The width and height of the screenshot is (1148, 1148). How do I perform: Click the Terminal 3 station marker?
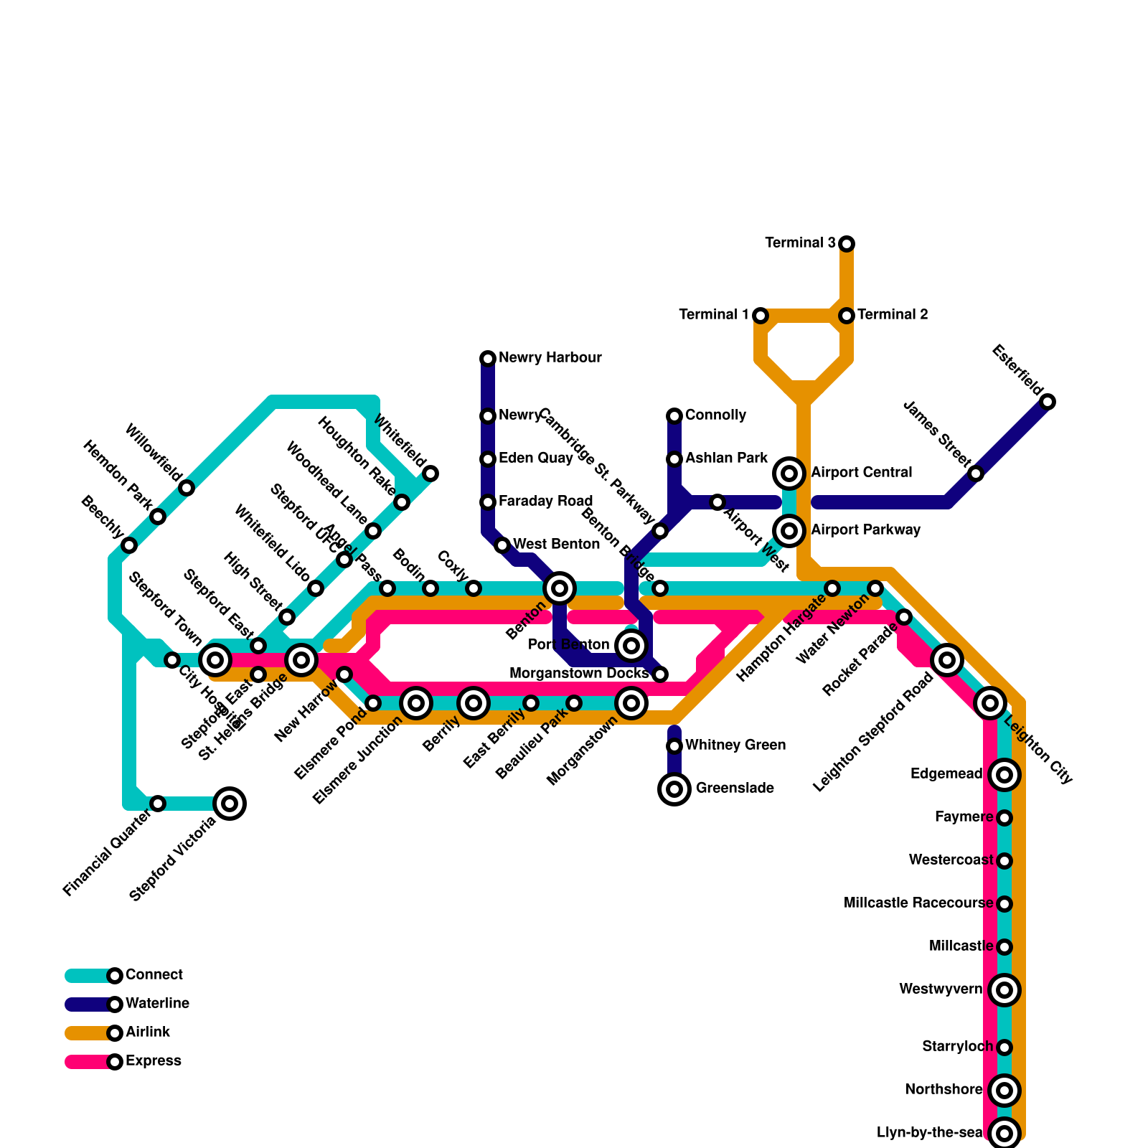click(x=847, y=244)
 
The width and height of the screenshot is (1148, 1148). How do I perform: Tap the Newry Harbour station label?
click(x=550, y=358)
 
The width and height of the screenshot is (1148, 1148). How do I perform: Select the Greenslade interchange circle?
click(x=674, y=789)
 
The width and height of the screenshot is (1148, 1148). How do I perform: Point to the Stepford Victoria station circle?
click(x=230, y=804)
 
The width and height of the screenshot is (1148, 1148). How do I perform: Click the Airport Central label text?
click(x=861, y=473)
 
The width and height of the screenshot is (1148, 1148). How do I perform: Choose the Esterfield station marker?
click(x=1048, y=402)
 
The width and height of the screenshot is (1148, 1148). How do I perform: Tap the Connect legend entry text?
click(x=154, y=975)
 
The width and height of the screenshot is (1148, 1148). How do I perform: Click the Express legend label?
click(x=153, y=1061)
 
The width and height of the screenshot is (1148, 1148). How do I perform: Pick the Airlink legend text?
click(x=147, y=1032)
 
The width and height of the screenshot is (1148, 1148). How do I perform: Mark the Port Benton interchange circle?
click(x=631, y=646)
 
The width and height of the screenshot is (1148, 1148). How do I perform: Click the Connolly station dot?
click(x=674, y=416)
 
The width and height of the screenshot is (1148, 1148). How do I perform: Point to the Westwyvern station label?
click(x=940, y=989)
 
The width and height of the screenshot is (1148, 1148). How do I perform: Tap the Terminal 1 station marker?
click(x=761, y=316)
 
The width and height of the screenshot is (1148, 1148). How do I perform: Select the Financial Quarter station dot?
click(x=158, y=804)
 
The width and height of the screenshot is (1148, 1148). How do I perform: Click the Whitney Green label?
click(x=735, y=745)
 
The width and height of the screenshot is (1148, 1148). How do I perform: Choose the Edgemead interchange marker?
click(x=1004, y=775)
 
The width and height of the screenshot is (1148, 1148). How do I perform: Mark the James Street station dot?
click(x=976, y=474)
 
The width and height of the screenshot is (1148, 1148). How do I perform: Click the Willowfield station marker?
click(x=187, y=488)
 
